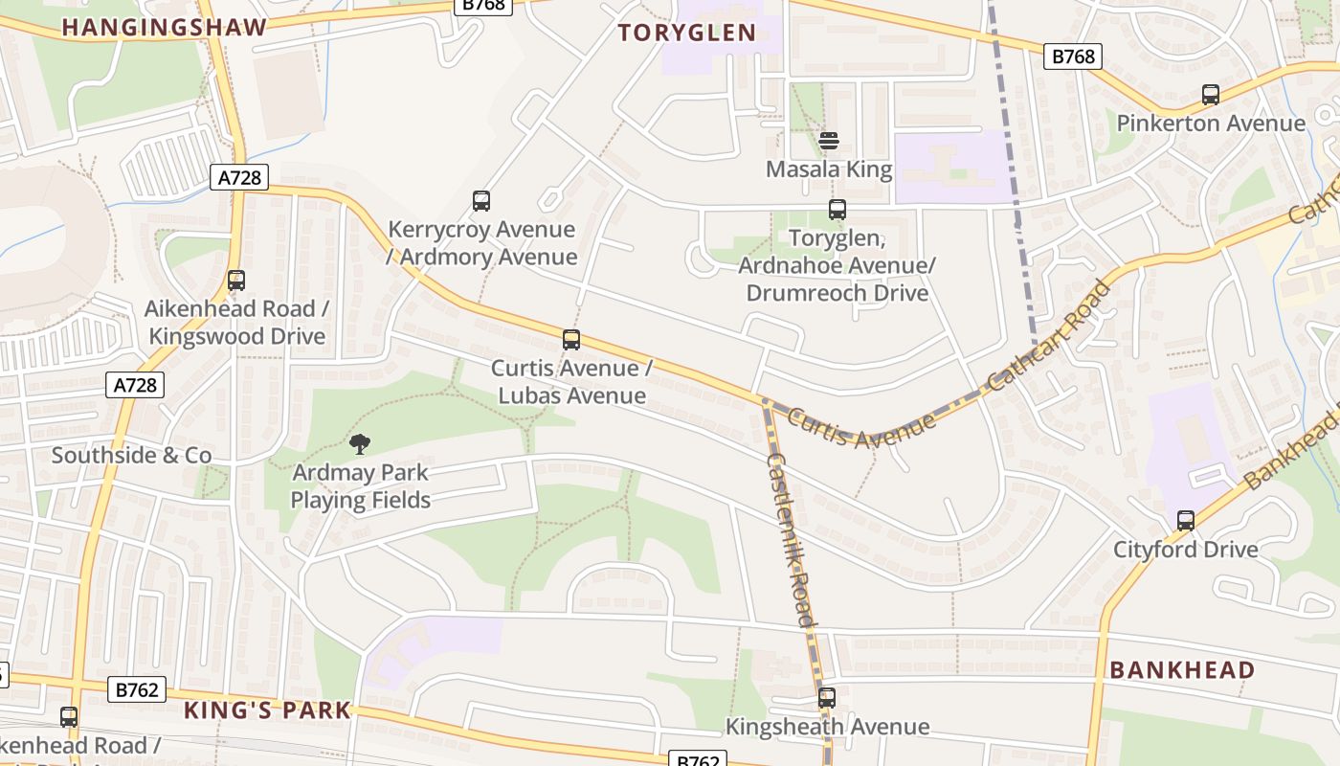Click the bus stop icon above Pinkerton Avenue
pyautogui.click(x=1211, y=95)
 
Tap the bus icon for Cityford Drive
pyautogui.click(x=1186, y=521)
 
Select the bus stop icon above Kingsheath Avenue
pyautogui.click(x=827, y=698)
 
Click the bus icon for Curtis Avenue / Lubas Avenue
pyautogui.click(x=571, y=340)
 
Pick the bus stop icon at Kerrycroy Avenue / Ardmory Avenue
pyautogui.click(x=481, y=201)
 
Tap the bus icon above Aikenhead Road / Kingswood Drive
pyautogui.click(x=236, y=281)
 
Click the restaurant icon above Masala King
pyautogui.click(x=829, y=141)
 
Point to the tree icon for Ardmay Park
pyautogui.click(x=360, y=443)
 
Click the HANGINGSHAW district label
pyautogui.click(x=164, y=28)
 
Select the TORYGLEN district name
pyautogui.click(x=687, y=33)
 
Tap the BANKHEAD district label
pyautogui.click(x=1182, y=669)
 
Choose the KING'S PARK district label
pyautogui.click(x=267, y=710)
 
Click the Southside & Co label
pyautogui.click(x=131, y=455)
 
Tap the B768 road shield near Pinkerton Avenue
pyautogui.click(x=1073, y=56)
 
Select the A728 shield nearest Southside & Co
pyautogui.click(x=135, y=385)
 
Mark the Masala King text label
pyautogui.click(x=829, y=170)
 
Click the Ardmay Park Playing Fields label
pyautogui.click(x=361, y=485)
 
